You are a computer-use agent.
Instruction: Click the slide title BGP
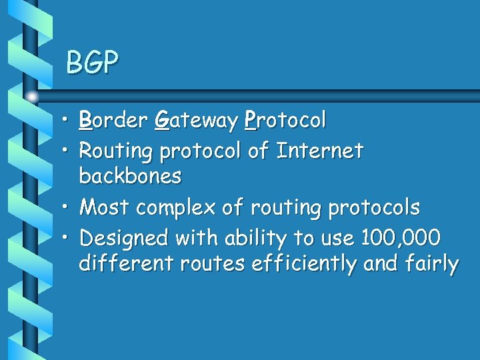92,63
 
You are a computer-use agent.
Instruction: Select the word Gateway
196,121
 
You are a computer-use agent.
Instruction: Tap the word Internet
319,151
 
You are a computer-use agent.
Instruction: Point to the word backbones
130,176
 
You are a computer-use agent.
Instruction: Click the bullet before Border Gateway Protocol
69,121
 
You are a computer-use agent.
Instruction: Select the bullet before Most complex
69,208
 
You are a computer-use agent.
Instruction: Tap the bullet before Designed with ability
69,238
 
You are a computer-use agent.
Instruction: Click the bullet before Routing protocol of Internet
69,151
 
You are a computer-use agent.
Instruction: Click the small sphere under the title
33,96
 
